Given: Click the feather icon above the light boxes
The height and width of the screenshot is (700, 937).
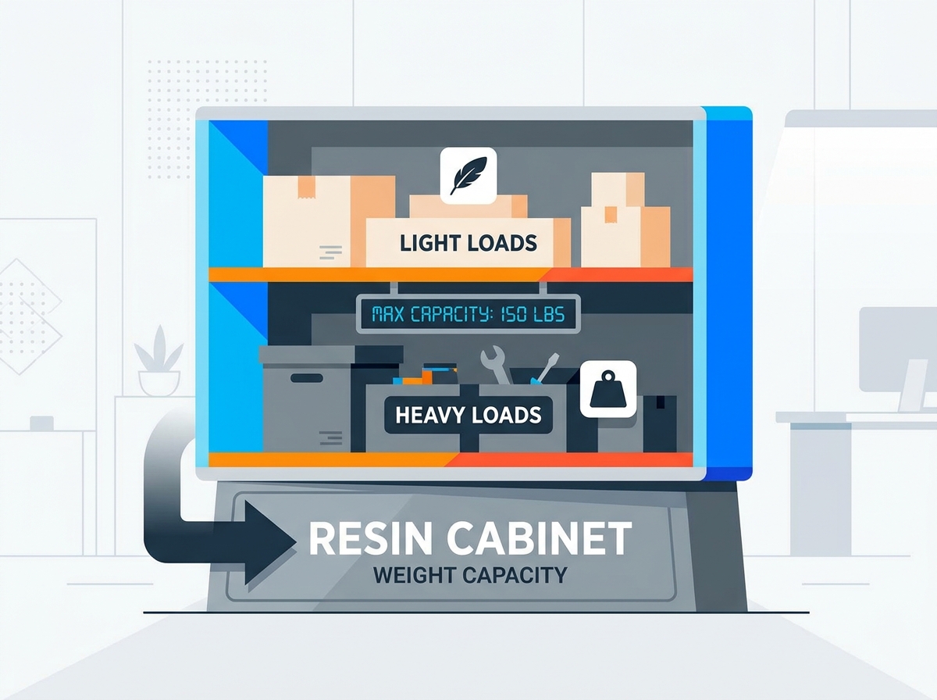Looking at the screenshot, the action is [468, 176].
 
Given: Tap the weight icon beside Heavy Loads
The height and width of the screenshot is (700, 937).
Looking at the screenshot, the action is [607, 389].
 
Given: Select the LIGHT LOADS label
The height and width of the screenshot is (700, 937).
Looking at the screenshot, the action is [468, 243].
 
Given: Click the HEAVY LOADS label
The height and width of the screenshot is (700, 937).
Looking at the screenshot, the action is [468, 415].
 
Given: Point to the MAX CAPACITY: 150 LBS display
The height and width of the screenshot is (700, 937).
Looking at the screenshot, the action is [468, 314].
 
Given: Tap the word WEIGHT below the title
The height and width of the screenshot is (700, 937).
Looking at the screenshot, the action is [413, 575].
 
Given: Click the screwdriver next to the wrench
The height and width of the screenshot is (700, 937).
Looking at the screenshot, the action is [544, 368].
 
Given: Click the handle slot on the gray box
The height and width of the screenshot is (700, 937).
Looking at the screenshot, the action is [307, 378].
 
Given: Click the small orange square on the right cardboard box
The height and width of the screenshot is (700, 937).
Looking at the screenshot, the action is [611, 214].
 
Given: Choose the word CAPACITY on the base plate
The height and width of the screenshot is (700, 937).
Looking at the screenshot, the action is [515, 575].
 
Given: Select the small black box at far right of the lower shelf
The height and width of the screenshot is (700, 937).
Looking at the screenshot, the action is [660, 423].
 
